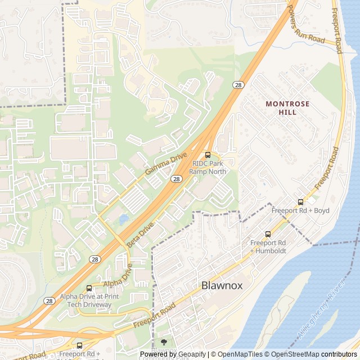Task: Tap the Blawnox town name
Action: click(222, 285)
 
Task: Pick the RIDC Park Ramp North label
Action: click(208, 167)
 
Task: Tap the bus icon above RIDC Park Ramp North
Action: click(208, 155)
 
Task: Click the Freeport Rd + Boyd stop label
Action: click(300, 210)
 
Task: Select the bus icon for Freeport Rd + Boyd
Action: click(300, 202)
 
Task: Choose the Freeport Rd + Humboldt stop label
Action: click(268, 246)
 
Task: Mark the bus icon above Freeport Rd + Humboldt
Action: click(268, 234)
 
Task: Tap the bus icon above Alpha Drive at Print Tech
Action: click(89, 288)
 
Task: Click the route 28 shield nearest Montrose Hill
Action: click(239, 85)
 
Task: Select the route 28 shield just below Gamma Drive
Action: click(177, 179)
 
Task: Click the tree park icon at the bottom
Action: click(164, 341)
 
